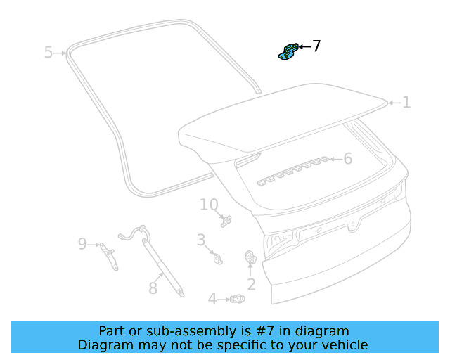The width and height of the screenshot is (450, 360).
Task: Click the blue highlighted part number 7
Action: point(288,51)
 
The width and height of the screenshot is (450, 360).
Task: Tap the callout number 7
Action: point(316,46)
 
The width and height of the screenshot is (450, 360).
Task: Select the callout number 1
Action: point(406,103)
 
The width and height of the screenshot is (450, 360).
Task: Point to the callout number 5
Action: point(48,52)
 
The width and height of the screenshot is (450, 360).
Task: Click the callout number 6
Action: point(347,159)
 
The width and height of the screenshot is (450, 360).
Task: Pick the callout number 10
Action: point(209,205)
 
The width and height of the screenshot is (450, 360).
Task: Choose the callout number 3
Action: point(200,240)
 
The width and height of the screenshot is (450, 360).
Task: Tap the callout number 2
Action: point(251,285)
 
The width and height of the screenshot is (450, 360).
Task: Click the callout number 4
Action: point(212,300)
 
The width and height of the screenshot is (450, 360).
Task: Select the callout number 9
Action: point(82,244)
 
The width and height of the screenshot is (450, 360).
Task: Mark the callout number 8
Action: point(153,288)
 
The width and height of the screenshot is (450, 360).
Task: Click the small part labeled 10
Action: point(226,221)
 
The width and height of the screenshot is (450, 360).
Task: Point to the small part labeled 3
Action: point(217,259)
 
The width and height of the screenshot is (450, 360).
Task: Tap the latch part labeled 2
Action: point(250,258)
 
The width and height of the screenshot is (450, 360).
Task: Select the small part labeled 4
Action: point(238,300)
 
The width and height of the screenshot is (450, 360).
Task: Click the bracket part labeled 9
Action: point(109,255)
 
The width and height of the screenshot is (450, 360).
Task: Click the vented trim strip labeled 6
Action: point(295,170)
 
